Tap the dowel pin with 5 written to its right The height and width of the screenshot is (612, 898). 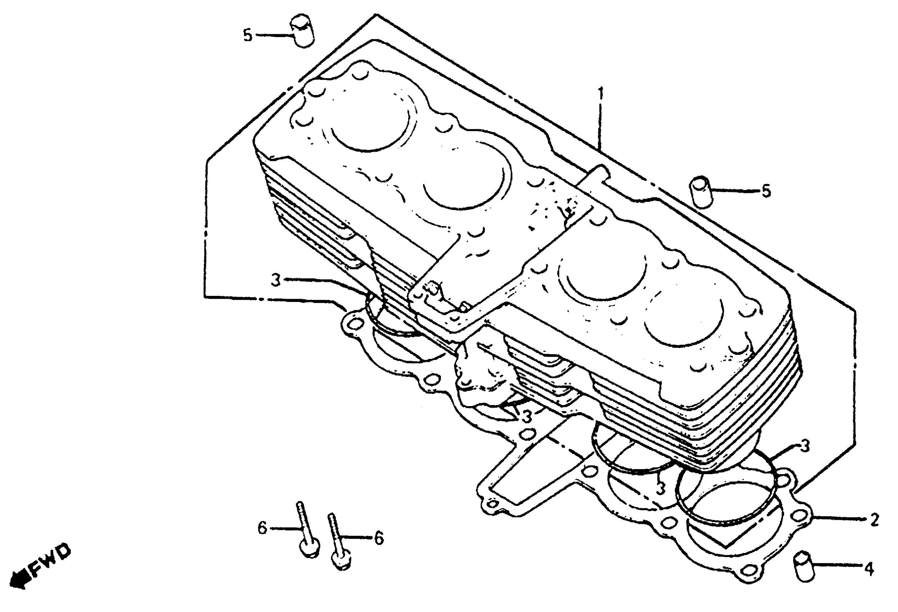tap(702, 192)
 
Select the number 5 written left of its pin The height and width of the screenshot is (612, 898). tap(247, 36)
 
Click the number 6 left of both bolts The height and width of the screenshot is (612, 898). tap(262, 528)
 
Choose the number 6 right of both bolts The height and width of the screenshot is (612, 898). tap(379, 538)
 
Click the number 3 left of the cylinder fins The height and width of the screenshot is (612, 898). tap(275, 280)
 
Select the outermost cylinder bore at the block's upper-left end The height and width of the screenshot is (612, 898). tap(369, 122)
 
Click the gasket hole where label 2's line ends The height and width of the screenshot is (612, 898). tap(802, 516)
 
